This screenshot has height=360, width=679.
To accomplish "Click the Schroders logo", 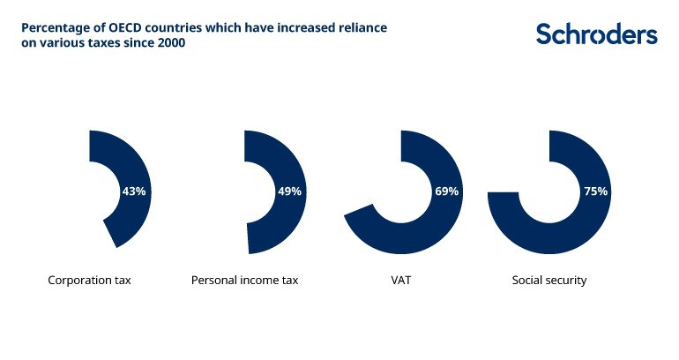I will point(597,34).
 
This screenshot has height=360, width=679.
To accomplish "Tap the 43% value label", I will point(134,191).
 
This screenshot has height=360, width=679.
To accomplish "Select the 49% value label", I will point(290,191).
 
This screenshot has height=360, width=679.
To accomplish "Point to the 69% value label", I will point(446,191).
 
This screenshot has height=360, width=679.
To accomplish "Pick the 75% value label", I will point(595,191).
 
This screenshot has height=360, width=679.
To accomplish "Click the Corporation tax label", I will point(89,281).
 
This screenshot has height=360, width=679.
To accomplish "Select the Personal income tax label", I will point(245,281).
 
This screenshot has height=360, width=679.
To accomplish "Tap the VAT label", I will point(401,281).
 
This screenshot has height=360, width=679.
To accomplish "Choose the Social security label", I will point(549,281).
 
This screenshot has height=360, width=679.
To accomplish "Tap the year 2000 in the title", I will point(172,43).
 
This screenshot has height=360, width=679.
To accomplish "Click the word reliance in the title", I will point(363,27).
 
